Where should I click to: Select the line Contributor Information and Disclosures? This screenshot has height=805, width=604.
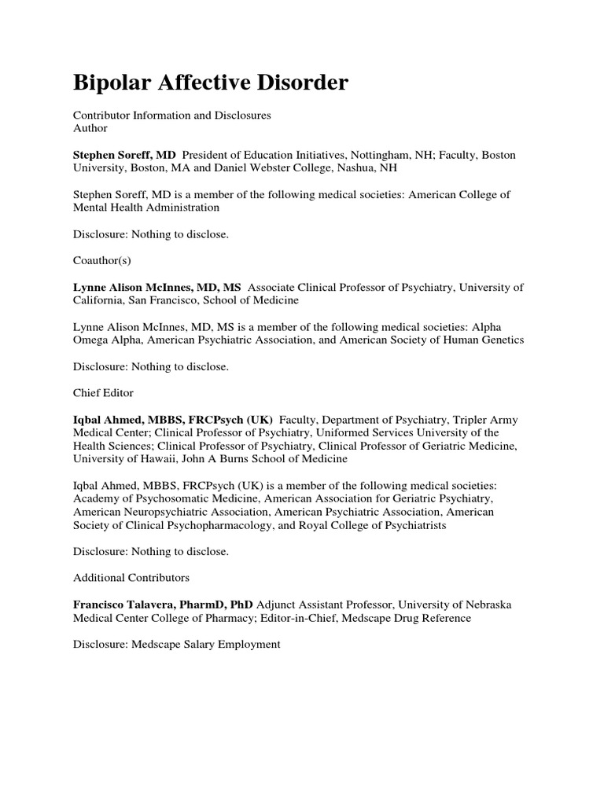[x=171, y=115]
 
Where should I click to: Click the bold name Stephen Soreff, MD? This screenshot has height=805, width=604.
[x=124, y=155]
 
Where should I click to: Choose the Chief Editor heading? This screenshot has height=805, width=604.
[x=103, y=393]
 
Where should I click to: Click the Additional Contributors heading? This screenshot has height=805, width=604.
[x=131, y=578]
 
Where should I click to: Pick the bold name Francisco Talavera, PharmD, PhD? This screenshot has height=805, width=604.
[x=163, y=605]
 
